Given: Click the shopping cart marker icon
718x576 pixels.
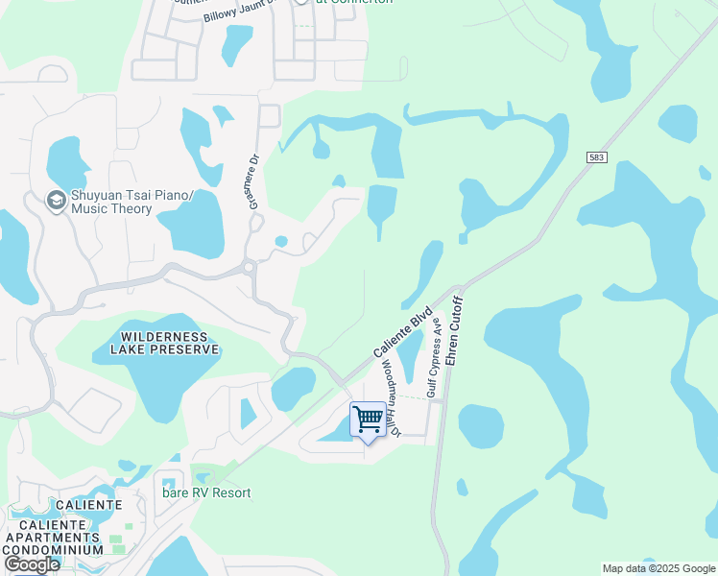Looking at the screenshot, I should pyautogui.click(x=368, y=420).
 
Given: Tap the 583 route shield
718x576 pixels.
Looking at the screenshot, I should pyautogui.click(x=596, y=156).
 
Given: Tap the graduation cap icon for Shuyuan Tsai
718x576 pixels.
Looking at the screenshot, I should pyautogui.click(x=56, y=201).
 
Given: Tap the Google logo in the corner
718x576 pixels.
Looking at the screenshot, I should pyautogui.click(x=32, y=564).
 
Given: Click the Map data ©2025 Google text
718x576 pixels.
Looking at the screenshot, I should pyautogui.click(x=658, y=568).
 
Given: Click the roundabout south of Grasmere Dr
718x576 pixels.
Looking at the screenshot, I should pyautogui.click(x=249, y=267).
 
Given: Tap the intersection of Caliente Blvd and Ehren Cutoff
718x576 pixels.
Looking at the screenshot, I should pyautogui.click(x=459, y=287).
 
